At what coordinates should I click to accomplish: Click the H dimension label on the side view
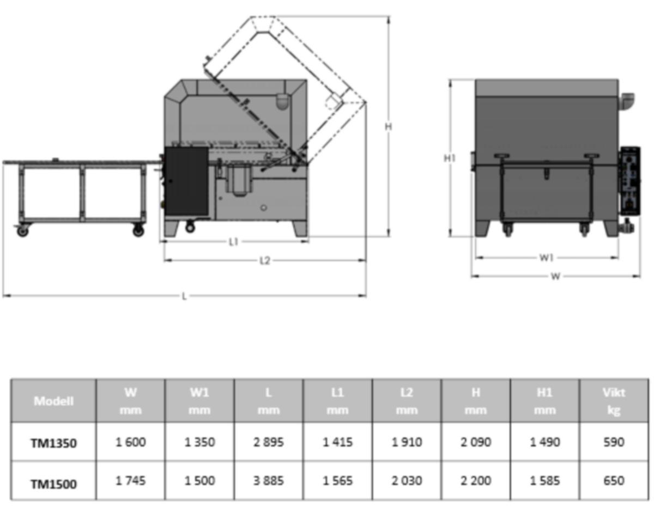click(388, 126)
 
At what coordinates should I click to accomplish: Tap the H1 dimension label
click(450, 158)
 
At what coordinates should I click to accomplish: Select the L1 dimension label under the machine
click(233, 242)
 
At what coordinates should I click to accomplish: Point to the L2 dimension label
click(264, 260)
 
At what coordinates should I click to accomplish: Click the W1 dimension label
click(547, 258)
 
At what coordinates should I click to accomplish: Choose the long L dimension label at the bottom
click(184, 296)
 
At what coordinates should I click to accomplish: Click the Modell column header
click(53, 401)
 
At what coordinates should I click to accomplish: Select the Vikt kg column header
click(614, 401)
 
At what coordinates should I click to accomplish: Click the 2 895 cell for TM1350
click(268, 442)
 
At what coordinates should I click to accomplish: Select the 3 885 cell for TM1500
click(268, 481)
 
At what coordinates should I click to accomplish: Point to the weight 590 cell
click(614, 442)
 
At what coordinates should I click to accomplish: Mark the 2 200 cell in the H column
click(476, 481)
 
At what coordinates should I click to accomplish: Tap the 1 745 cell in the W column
click(131, 481)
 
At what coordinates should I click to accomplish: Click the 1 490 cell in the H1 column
click(544, 442)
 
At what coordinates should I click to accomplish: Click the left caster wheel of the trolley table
click(22, 231)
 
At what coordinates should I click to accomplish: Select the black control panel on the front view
click(629, 180)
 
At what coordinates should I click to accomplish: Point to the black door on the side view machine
click(186, 180)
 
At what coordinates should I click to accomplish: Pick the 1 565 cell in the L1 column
click(337, 481)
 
